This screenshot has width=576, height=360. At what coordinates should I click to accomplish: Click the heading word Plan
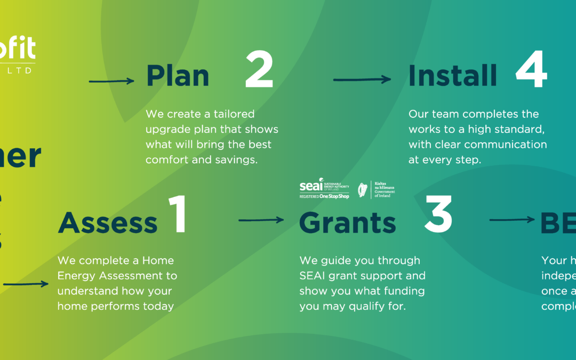[178, 76]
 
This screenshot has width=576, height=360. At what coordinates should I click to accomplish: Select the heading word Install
[452, 76]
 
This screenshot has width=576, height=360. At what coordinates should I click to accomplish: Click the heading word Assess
[108, 222]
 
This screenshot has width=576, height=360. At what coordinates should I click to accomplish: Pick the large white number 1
[177, 215]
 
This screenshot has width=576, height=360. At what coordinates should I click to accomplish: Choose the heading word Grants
[348, 223]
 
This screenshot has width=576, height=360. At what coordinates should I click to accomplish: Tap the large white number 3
[438, 215]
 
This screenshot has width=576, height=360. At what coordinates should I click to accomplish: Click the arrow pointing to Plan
[111, 81]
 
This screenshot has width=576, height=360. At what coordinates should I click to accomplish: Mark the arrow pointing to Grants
[261, 220]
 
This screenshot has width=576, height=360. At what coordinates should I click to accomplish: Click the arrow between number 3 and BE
[511, 220]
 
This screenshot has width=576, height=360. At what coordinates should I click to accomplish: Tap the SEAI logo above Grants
[324, 189]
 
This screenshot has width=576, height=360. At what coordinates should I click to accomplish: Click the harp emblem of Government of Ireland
[363, 189]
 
